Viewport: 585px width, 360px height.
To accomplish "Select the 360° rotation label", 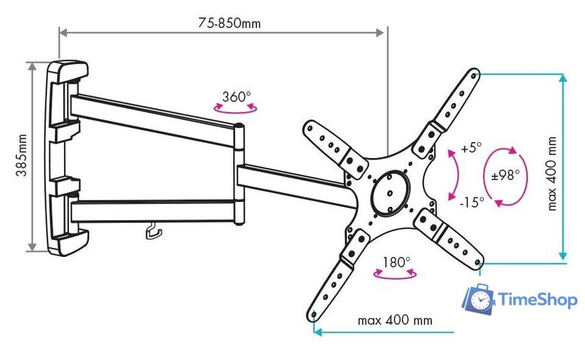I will (237, 96).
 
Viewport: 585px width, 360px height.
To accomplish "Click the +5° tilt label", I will (471, 148).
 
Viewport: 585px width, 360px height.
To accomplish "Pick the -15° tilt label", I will (471, 203).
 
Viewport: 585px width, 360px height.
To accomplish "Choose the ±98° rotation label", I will (505, 175).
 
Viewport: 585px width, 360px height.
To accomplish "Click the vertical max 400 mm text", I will (552, 173).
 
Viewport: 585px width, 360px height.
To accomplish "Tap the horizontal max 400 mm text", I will (395, 321).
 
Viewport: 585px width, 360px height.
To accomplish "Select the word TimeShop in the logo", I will (538, 300).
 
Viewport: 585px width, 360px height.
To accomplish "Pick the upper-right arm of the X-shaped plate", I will (449, 111).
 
